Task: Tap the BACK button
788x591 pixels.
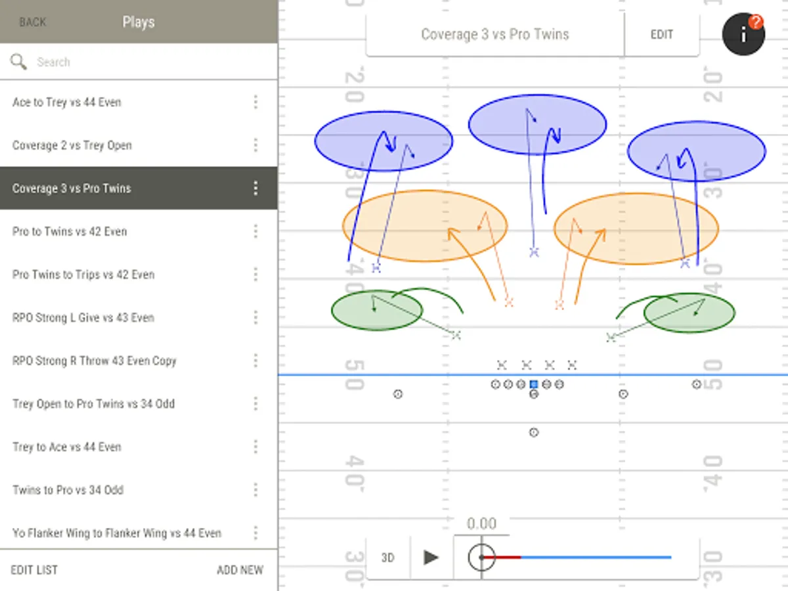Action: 32,22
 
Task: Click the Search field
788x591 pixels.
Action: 144,62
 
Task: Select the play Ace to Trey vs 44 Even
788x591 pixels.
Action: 67,102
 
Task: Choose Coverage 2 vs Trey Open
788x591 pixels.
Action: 72,146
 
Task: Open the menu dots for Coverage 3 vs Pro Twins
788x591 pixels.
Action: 255,188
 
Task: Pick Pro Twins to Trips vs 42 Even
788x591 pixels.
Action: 83,274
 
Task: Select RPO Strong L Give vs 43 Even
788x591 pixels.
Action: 83,318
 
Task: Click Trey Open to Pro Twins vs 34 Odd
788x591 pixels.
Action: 93,404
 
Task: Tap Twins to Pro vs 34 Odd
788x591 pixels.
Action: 68,490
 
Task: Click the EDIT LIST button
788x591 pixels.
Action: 34,570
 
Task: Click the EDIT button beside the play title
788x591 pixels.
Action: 661,35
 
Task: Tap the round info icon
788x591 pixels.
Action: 743,35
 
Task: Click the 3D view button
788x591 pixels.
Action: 387,558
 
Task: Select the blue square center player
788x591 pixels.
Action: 534,384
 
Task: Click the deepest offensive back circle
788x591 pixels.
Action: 534,432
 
